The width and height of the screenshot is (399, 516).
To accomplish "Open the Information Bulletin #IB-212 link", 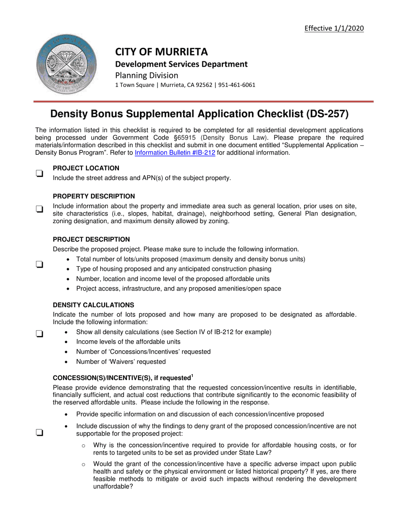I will (x=175, y=153).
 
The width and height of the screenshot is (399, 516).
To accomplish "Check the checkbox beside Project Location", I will (x=39, y=173).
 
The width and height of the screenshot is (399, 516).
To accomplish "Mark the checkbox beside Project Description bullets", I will (x=39, y=264).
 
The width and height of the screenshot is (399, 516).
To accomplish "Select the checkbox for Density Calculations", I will (x=39, y=334).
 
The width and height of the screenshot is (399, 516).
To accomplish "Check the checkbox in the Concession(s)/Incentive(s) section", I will (x=39, y=433).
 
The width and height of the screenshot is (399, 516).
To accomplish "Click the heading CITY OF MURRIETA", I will (x=162, y=52).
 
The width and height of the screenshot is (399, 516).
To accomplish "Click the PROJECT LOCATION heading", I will (x=86, y=168).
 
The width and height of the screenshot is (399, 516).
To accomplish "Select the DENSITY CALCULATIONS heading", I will (x=94, y=305).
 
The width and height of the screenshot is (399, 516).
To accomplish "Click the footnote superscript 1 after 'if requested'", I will (x=192, y=375).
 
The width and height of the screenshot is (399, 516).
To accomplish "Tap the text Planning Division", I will (x=147, y=75).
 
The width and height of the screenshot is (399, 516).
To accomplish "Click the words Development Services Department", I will (x=181, y=64).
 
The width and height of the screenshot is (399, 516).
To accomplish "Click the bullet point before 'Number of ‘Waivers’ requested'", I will (x=68, y=362).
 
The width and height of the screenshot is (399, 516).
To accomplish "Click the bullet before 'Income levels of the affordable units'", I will (x=68, y=342).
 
